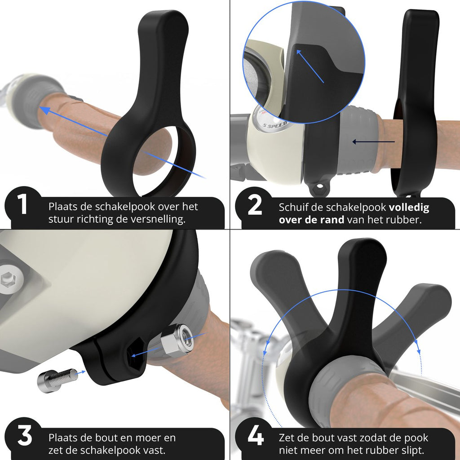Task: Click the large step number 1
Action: [22, 204]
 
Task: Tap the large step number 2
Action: [255, 205]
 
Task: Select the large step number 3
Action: [25, 436]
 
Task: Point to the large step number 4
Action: [256, 436]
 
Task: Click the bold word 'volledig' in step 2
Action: [409, 208]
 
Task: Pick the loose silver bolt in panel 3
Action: [57, 380]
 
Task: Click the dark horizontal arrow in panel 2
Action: [373, 142]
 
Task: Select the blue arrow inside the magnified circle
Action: [310, 66]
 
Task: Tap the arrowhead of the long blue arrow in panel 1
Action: [44, 110]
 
